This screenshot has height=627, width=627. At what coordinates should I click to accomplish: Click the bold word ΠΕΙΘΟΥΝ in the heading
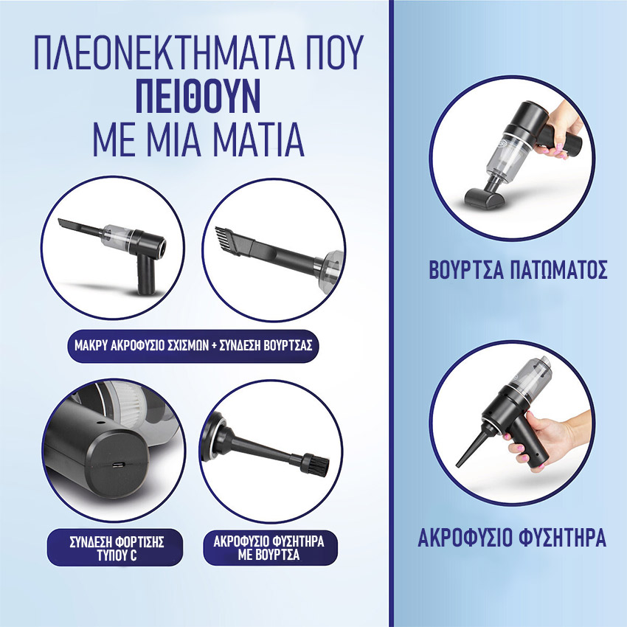click(x=198, y=96)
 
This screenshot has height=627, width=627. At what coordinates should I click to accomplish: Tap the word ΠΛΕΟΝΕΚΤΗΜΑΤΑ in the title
click(x=164, y=53)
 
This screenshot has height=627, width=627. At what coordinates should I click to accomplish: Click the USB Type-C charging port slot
click(x=119, y=465)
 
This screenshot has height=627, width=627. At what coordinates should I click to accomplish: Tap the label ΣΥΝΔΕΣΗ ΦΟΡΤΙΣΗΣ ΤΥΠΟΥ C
click(x=117, y=549)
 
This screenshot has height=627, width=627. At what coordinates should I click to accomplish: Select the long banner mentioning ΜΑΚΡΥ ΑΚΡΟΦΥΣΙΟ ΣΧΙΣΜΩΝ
click(x=193, y=346)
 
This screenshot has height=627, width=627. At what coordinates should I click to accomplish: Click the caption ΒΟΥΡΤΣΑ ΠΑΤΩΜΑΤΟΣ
click(x=519, y=270)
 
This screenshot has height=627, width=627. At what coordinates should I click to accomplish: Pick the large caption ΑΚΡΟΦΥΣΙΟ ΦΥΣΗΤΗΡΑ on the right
click(x=512, y=538)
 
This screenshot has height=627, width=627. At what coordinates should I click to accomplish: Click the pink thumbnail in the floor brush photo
click(x=559, y=147)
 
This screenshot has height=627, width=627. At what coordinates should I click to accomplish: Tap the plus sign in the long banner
click(x=212, y=346)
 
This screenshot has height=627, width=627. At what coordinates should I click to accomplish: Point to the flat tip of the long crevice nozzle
click(x=63, y=222)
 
